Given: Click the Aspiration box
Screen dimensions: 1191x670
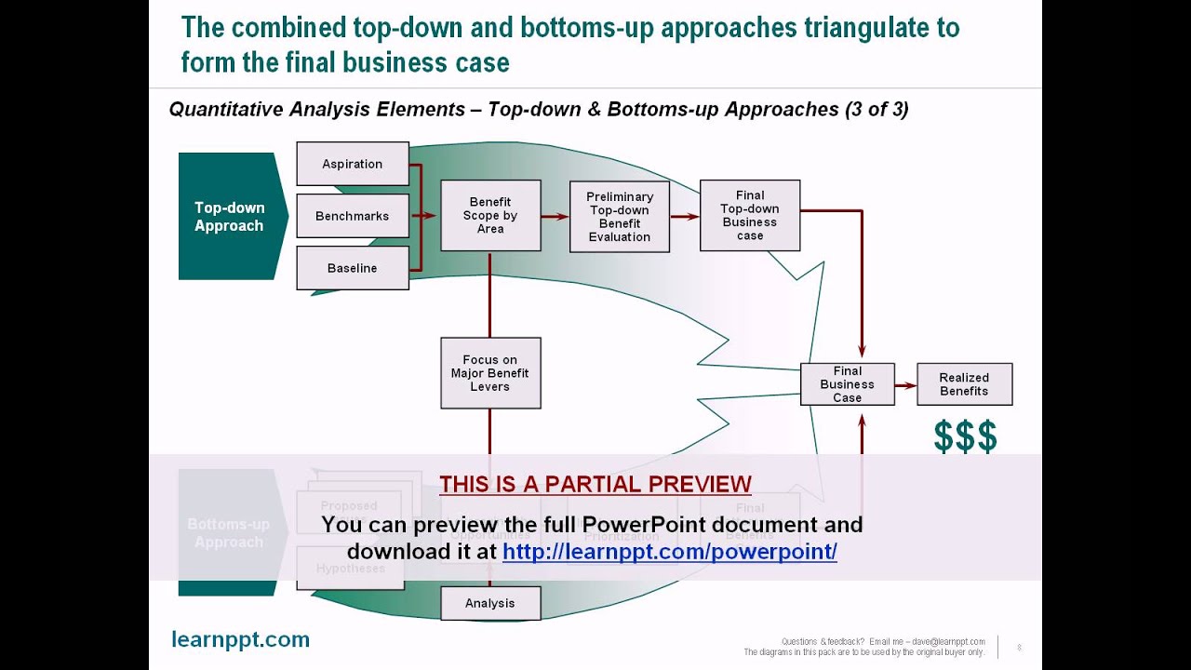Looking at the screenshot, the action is pyautogui.click(x=352, y=164).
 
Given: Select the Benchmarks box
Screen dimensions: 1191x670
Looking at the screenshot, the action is pyautogui.click(x=352, y=216).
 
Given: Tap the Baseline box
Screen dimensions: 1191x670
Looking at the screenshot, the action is pyautogui.click(x=352, y=268).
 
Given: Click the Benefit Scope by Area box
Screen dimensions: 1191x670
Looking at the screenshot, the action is pyautogui.click(x=490, y=216).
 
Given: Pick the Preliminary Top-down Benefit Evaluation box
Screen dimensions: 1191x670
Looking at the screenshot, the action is pyautogui.click(x=620, y=217).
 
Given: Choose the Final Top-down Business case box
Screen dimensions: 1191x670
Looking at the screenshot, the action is pyautogui.click(x=750, y=216).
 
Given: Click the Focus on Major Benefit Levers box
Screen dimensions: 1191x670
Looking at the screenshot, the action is pyautogui.click(x=490, y=373).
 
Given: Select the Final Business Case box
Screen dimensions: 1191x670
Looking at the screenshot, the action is pyautogui.click(x=847, y=384).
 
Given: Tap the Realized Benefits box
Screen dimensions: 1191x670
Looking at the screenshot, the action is pyautogui.click(x=964, y=384).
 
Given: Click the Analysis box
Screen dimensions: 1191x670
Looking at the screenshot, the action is pyautogui.click(x=490, y=603).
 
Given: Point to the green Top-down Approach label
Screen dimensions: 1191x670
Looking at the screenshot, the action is pyautogui.click(x=229, y=217).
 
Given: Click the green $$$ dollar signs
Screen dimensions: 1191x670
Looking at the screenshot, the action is pyautogui.click(x=965, y=436).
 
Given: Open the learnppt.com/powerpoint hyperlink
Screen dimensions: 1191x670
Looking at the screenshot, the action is pyautogui.click(x=670, y=551).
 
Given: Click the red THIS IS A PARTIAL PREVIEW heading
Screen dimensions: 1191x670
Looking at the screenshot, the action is pyautogui.click(x=595, y=484).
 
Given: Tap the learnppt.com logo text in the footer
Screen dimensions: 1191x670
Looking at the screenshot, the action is pyautogui.click(x=240, y=639).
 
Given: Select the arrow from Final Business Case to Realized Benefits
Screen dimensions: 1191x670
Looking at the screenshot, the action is pyautogui.click(x=905, y=384).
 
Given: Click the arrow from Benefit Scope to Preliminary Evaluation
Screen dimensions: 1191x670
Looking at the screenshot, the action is pyautogui.click(x=555, y=217).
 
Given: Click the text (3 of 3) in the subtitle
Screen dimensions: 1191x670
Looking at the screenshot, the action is pyautogui.click(x=877, y=109).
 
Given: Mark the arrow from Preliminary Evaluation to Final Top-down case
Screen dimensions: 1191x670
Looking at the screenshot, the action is pyautogui.click(x=685, y=217).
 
